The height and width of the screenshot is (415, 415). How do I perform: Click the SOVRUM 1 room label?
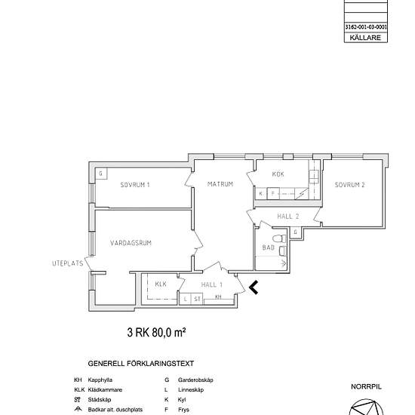(x=135, y=185)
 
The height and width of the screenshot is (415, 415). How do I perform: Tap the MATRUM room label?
(x=220, y=184)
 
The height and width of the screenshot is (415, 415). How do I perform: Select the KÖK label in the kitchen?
(x=278, y=174)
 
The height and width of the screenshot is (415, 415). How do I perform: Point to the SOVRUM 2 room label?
(x=349, y=185)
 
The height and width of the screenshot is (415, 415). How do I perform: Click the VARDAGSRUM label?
(x=131, y=243)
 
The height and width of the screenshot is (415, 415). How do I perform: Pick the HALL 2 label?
(x=288, y=217)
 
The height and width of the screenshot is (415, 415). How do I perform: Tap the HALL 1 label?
(x=212, y=284)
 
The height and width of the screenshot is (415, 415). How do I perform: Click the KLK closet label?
(x=161, y=284)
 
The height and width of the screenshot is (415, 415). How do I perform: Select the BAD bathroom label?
(x=268, y=247)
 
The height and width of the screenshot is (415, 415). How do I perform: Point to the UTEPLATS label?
(x=68, y=263)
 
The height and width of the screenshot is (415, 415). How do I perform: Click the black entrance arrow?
(x=254, y=287)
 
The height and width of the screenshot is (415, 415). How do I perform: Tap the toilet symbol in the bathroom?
(x=279, y=238)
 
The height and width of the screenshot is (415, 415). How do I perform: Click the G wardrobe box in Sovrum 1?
(x=101, y=174)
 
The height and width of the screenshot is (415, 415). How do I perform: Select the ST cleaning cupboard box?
(x=197, y=299)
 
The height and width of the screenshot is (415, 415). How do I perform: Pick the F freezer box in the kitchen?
(x=273, y=193)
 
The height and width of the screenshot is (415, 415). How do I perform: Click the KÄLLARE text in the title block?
(x=365, y=38)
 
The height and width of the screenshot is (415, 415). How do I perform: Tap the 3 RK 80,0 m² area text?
(x=156, y=332)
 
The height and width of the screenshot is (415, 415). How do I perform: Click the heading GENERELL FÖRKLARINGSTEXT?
(x=141, y=364)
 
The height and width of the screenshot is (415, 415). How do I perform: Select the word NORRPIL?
(x=366, y=386)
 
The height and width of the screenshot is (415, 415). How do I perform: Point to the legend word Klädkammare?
(x=105, y=390)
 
